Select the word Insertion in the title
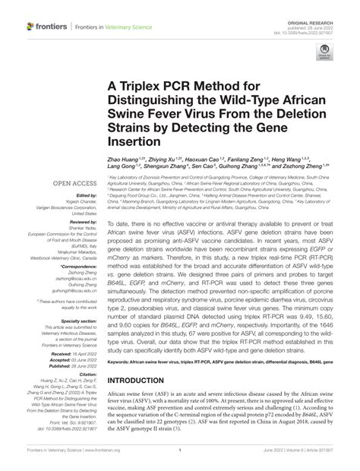137,141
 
